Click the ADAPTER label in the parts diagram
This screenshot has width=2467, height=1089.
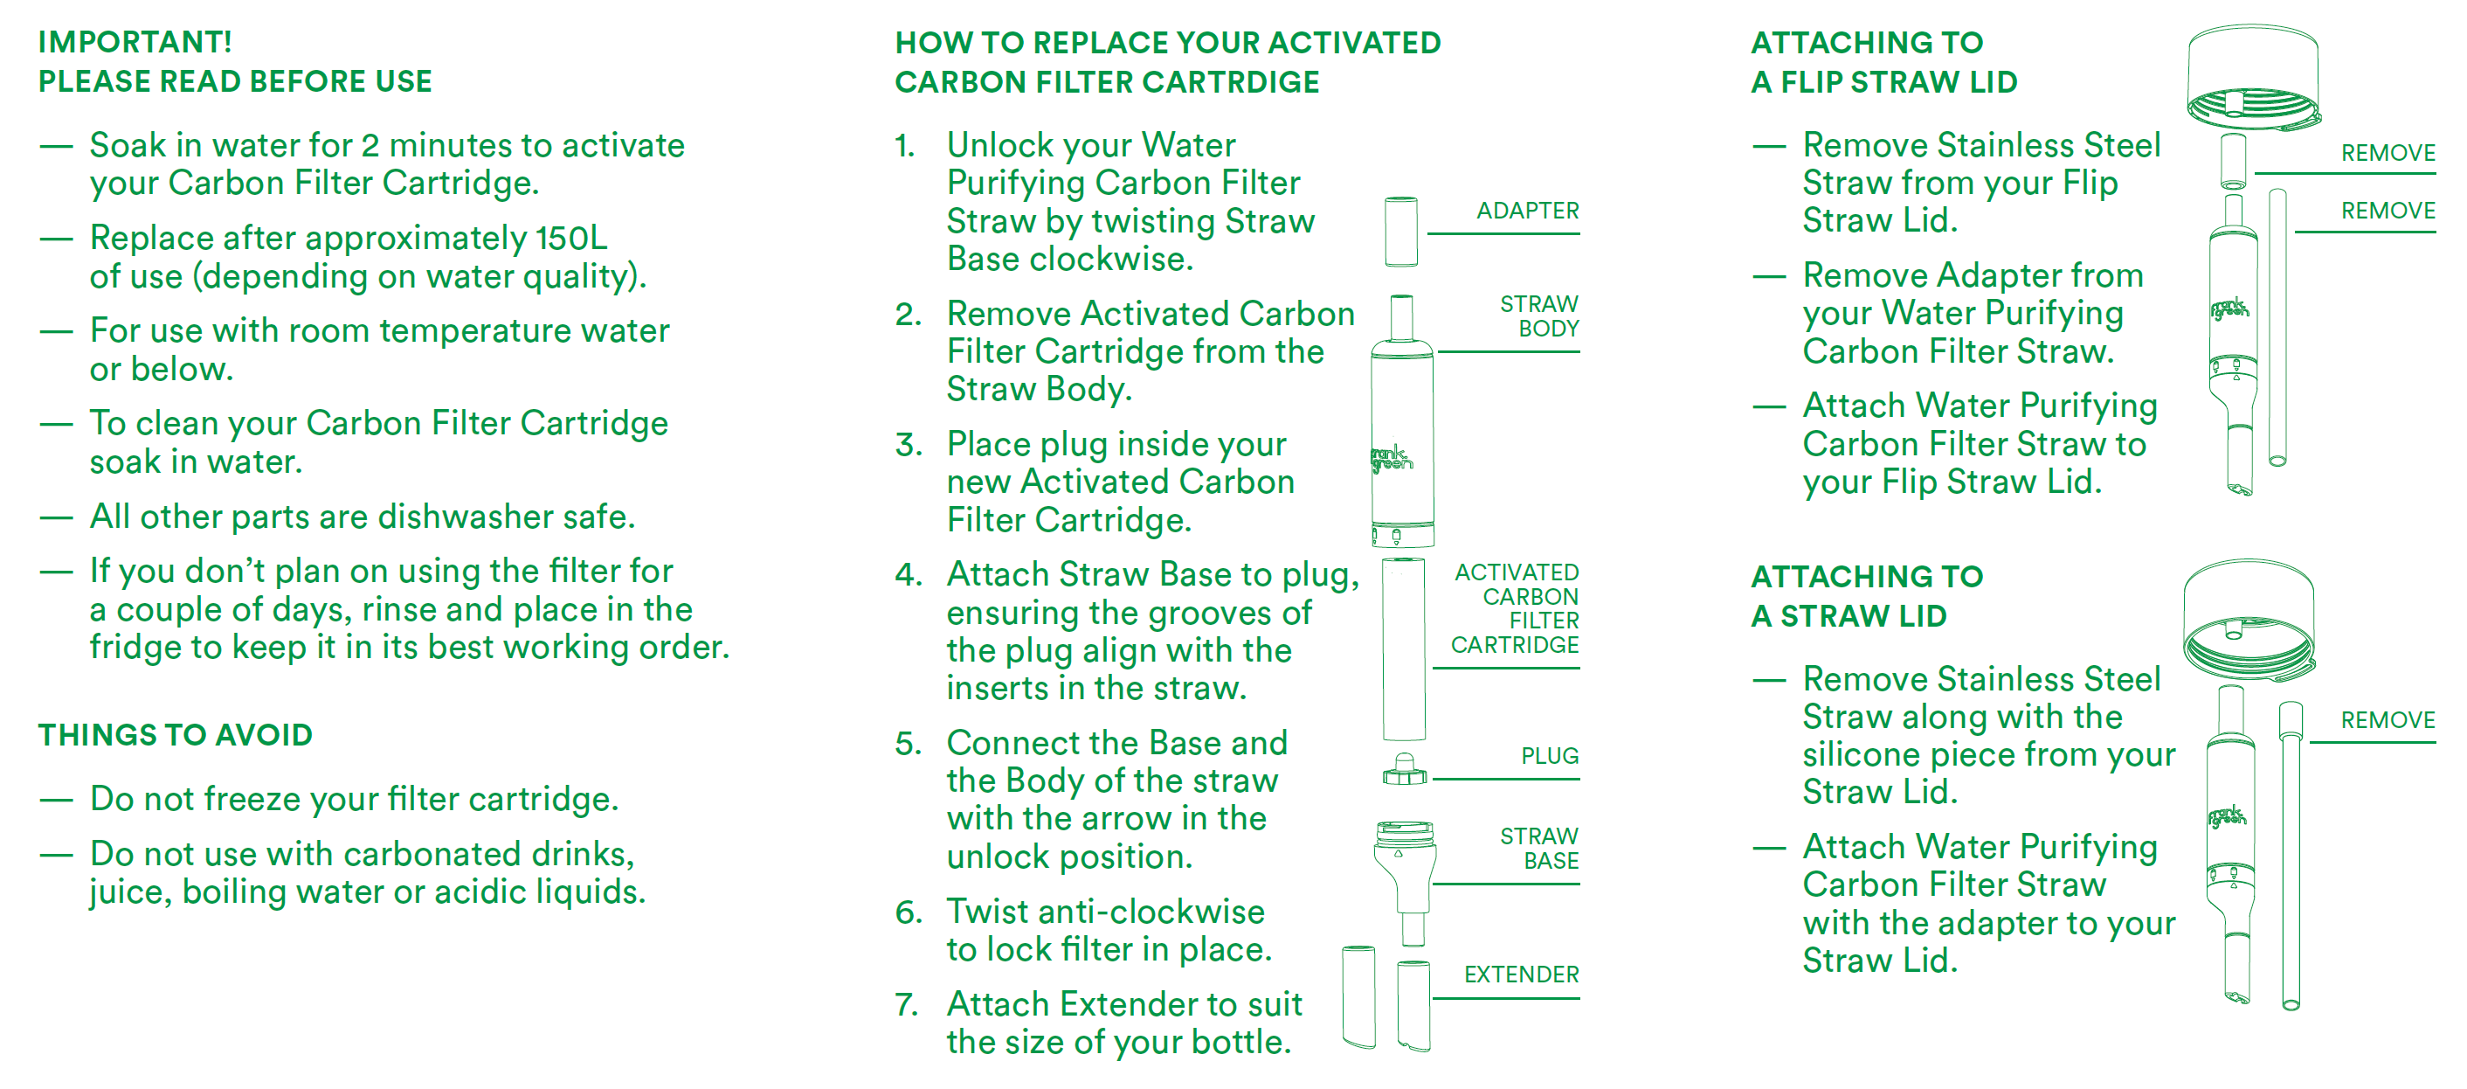point(1526,211)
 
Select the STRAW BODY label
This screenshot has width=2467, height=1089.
point(1539,316)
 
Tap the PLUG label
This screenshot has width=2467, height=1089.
point(1550,756)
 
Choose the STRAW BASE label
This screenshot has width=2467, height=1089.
point(1539,849)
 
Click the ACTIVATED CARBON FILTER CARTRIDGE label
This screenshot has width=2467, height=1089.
point(1516,608)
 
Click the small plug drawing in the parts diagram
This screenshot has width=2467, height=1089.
point(1404,770)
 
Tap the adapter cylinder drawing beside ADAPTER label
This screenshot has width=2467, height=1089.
point(1401,231)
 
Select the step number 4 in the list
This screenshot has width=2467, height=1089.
point(908,575)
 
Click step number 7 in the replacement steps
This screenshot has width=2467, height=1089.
point(906,1005)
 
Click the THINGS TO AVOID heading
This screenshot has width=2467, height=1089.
point(176,735)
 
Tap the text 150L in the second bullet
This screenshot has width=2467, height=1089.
point(570,238)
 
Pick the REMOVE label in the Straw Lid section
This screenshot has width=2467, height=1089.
point(2388,720)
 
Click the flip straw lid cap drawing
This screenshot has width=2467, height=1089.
point(2252,77)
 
